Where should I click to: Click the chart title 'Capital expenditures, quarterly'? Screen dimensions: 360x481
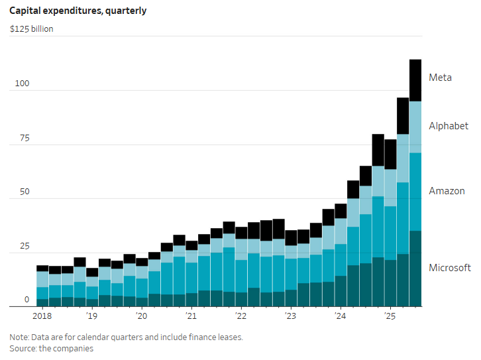tap(78, 11)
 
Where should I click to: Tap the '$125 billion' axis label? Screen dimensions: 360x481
tap(32, 29)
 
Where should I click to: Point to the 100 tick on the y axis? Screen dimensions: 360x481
tap(22, 84)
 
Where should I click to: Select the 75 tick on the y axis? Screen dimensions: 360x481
tap(24, 138)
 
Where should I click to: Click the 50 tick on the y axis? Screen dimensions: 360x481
tap(24, 192)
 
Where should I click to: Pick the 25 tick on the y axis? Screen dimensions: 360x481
tap(24, 246)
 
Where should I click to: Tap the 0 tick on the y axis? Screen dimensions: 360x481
tap(27, 300)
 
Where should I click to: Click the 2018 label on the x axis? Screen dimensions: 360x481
tap(42, 318)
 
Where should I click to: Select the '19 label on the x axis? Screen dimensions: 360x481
tap(91, 318)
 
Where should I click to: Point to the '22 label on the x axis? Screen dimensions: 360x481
tap(240, 318)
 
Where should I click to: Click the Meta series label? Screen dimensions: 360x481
tap(440, 78)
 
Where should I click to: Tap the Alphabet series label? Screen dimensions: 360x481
tap(449, 126)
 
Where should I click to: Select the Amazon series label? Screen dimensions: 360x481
tap(447, 191)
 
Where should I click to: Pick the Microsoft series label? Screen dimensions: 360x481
tap(450, 268)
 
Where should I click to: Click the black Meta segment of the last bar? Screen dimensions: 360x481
tap(415, 80)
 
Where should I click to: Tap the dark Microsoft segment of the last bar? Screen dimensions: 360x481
tap(415, 269)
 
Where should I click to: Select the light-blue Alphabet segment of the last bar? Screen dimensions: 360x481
tap(415, 127)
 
